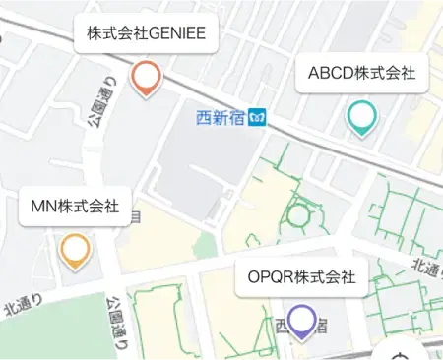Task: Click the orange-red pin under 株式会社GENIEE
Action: [x=146, y=76]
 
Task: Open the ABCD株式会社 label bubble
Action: [x=361, y=73]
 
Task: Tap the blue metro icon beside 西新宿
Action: [x=257, y=119]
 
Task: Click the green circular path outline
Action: [x=298, y=214]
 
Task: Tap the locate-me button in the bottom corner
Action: [x=400, y=355]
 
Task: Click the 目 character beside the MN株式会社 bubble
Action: [x=135, y=214]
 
